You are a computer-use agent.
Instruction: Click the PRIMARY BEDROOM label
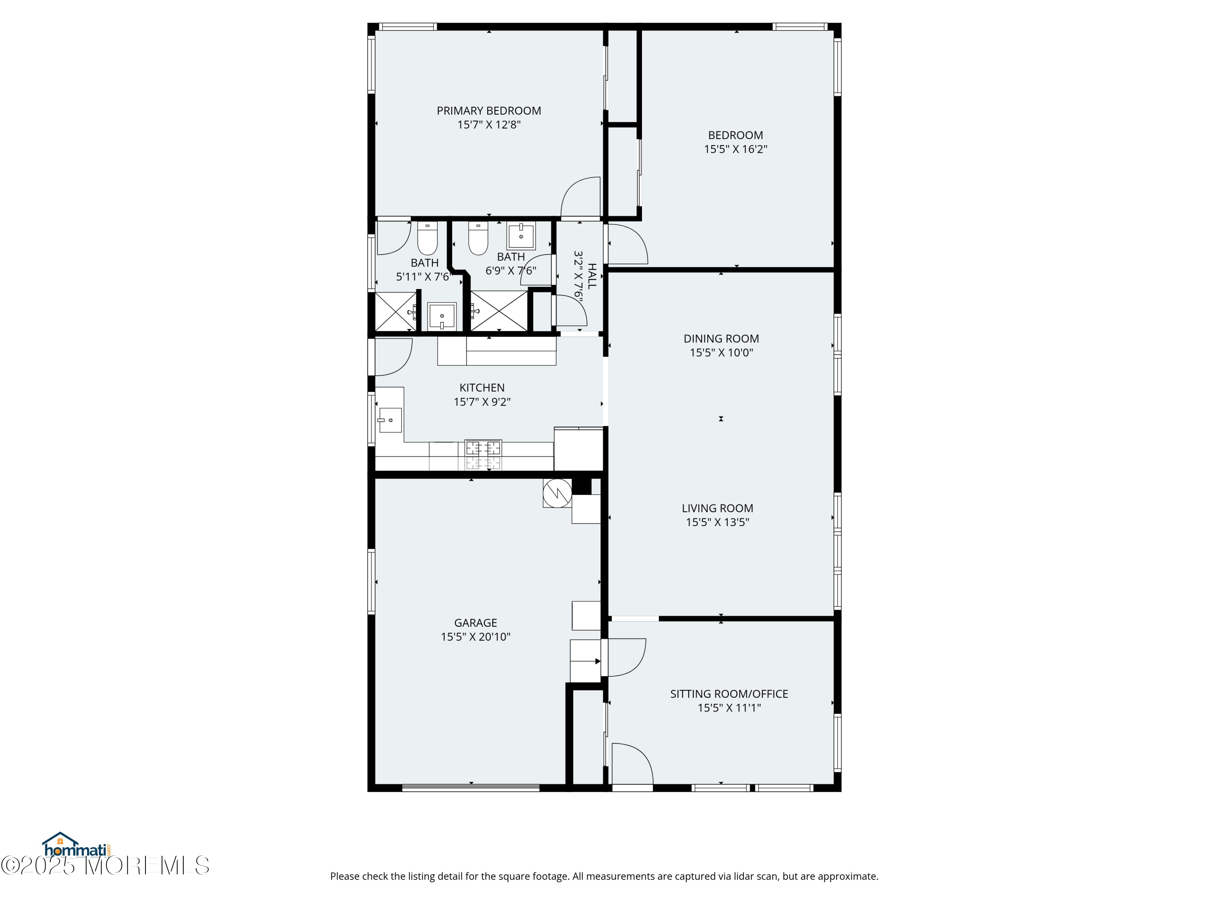point(488,111)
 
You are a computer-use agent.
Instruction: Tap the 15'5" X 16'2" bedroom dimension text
point(735,149)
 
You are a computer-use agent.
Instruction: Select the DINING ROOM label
point(721,339)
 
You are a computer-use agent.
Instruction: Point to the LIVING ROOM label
point(718,508)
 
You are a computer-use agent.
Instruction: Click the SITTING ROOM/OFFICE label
point(729,694)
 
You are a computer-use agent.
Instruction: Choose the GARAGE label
point(476,623)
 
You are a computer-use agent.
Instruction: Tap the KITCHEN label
point(482,388)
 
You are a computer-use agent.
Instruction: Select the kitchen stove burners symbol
point(483,455)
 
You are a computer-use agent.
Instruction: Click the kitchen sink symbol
point(389,420)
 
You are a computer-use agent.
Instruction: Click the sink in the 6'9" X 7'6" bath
point(521,236)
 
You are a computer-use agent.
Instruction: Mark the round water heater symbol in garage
point(557,493)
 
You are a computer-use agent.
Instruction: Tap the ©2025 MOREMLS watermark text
point(105,865)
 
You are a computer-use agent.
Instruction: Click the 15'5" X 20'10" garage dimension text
point(476,637)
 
